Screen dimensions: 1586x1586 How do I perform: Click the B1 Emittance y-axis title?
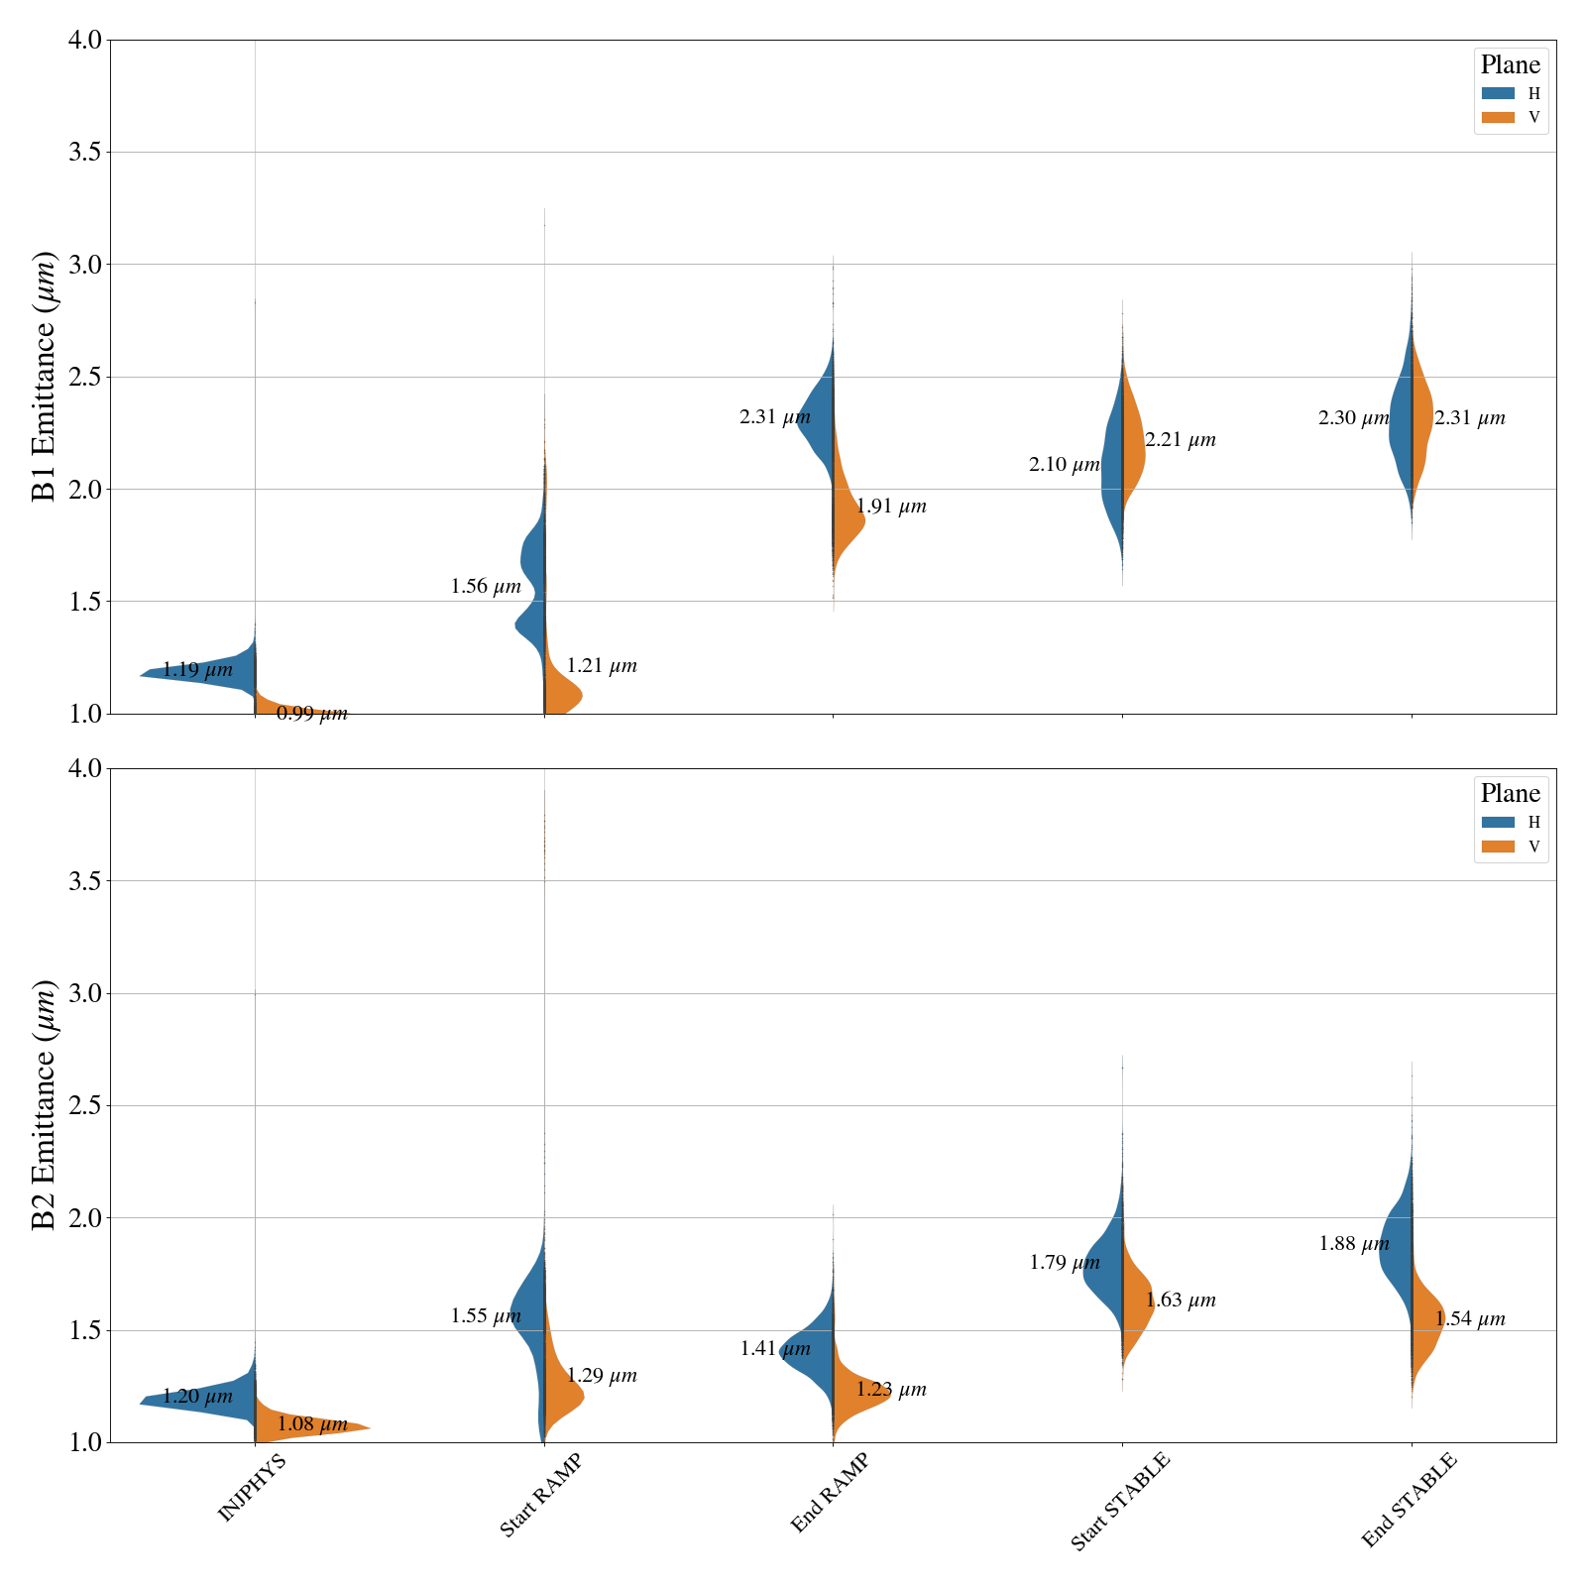(x=45, y=377)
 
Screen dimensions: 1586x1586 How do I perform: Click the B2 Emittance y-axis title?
(x=45, y=1105)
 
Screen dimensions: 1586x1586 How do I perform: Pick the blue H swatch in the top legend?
(x=1498, y=93)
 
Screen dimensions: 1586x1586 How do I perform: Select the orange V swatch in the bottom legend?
(x=1498, y=847)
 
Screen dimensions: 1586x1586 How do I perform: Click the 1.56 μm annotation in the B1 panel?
(x=486, y=587)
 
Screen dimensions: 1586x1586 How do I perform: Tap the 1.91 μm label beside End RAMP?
(x=891, y=507)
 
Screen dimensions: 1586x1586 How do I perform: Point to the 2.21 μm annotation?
(x=1181, y=440)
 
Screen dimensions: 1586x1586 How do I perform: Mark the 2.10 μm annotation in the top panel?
(x=1065, y=464)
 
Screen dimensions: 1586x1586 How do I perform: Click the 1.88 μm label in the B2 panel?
(x=1354, y=1244)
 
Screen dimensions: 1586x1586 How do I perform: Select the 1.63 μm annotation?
(x=1181, y=1301)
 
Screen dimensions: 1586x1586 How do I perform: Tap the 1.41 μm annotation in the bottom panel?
(x=775, y=1349)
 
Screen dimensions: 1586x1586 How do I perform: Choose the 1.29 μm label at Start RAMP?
(x=602, y=1376)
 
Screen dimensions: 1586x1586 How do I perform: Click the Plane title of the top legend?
(x=1510, y=65)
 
